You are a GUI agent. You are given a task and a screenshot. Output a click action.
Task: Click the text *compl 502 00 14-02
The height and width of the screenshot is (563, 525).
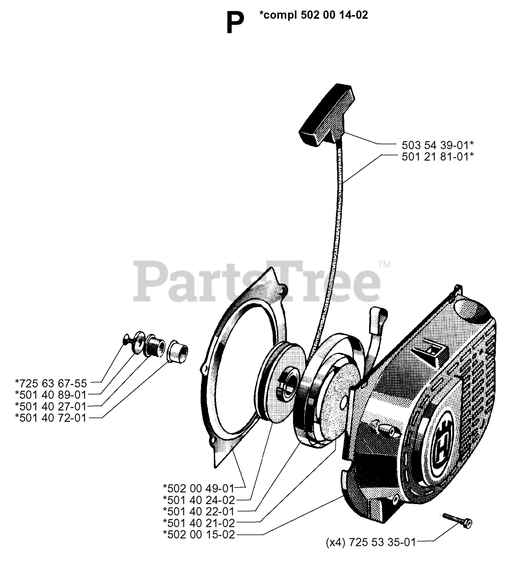[x=314, y=15]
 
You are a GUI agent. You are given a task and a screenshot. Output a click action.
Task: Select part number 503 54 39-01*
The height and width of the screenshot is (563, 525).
[x=437, y=144]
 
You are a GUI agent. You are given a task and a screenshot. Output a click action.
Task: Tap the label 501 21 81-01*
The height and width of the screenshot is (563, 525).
[x=437, y=156]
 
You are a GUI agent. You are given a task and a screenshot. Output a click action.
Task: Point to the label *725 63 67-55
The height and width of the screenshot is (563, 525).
[x=51, y=383]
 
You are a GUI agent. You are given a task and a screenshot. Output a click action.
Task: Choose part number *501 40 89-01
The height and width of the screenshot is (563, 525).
[x=51, y=395]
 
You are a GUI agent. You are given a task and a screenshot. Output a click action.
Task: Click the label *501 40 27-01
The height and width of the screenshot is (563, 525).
[x=51, y=406]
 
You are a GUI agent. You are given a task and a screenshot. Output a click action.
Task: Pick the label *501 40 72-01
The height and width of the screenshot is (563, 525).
[x=51, y=417]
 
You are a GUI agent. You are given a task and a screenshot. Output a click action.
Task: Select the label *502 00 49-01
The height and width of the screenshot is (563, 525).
[x=199, y=487]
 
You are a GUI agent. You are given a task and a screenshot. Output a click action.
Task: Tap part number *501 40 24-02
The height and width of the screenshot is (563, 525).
[x=199, y=500]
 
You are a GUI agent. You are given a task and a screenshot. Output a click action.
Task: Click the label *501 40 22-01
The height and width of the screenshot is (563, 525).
[x=199, y=511]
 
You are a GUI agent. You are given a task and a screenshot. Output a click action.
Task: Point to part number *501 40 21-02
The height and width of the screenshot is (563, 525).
[x=199, y=523]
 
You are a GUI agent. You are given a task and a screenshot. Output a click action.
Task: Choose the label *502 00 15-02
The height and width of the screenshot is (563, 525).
[x=199, y=534]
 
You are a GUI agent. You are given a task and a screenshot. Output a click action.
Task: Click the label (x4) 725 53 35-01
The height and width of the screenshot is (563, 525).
[x=371, y=542]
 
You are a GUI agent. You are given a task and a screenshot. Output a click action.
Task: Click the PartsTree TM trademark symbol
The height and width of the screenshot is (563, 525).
[x=384, y=265]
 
